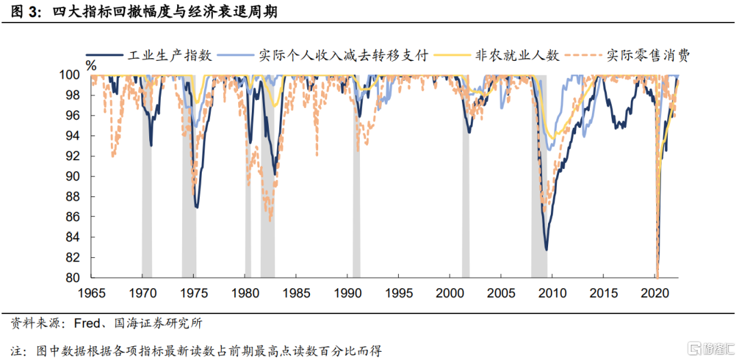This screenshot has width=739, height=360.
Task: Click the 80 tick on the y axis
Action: (x=72, y=277)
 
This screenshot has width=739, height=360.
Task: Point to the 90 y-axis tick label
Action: (x=72, y=177)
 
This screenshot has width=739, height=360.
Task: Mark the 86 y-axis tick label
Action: (x=72, y=217)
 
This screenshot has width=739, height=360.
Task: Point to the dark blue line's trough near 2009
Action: (x=546, y=250)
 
